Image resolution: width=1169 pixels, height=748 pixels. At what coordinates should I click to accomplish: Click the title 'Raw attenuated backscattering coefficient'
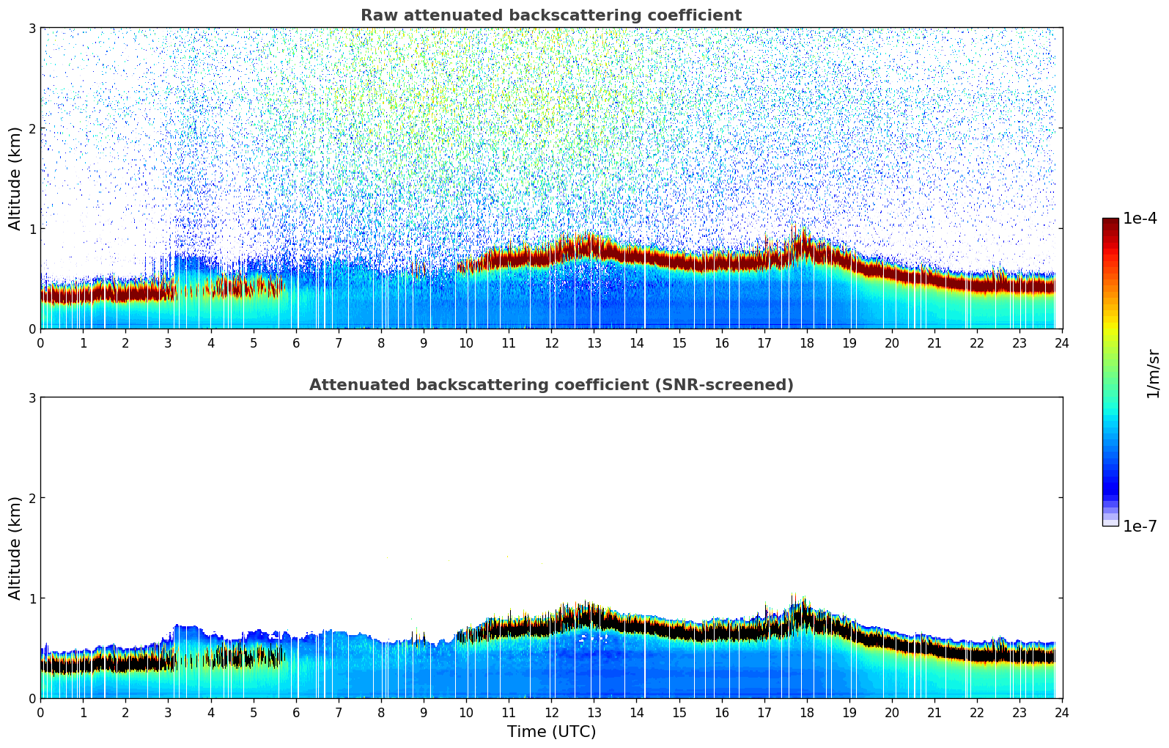click(x=550, y=15)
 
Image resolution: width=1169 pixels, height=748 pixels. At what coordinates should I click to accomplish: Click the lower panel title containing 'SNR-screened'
click(x=550, y=385)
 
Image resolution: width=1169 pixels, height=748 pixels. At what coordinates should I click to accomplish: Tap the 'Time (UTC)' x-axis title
click(x=551, y=732)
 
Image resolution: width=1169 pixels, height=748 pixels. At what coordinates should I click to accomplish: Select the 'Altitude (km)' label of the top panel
click(x=15, y=178)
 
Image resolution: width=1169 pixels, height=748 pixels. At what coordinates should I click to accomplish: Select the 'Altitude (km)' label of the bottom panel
click(x=15, y=548)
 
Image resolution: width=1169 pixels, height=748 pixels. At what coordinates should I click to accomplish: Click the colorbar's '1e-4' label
click(x=1140, y=219)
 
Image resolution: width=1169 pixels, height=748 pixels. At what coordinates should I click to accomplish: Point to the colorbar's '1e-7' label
click(x=1140, y=527)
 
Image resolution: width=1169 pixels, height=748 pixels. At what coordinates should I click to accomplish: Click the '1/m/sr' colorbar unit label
click(x=1153, y=374)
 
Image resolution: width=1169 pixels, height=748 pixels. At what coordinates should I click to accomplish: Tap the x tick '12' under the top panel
click(x=551, y=343)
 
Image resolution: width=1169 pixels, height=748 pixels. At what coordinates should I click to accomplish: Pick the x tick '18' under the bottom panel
click(x=806, y=713)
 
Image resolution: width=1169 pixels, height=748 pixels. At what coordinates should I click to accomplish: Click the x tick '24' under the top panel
click(x=1062, y=343)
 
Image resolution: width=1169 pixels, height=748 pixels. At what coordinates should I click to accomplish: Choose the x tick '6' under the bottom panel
click(x=296, y=713)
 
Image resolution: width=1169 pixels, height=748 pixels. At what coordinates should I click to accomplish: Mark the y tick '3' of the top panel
click(x=32, y=28)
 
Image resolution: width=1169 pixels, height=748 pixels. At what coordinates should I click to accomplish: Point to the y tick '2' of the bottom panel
click(x=32, y=498)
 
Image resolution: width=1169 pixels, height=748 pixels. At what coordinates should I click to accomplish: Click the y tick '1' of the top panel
click(x=32, y=229)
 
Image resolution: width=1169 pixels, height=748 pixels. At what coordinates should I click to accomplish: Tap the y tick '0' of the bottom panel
click(x=32, y=698)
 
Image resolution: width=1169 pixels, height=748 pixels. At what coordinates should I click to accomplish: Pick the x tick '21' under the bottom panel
click(x=934, y=713)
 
